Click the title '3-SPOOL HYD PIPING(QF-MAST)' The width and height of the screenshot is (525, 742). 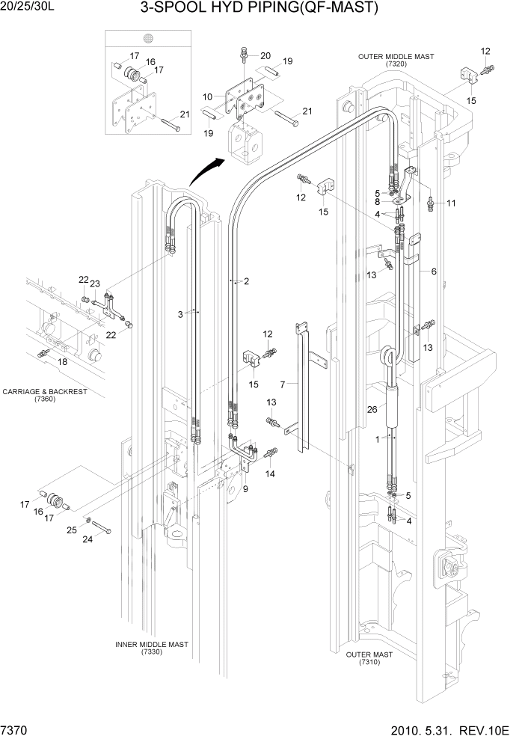(259, 8)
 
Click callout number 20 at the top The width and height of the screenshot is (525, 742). (265, 56)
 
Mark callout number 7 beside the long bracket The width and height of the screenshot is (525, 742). (283, 384)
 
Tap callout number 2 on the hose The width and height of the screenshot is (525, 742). (246, 281)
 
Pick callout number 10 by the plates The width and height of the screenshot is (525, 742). (208, 96)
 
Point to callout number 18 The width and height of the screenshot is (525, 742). (62, 361)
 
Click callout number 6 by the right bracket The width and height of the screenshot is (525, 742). (432, 272)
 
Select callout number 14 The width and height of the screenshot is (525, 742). (270, 474)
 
